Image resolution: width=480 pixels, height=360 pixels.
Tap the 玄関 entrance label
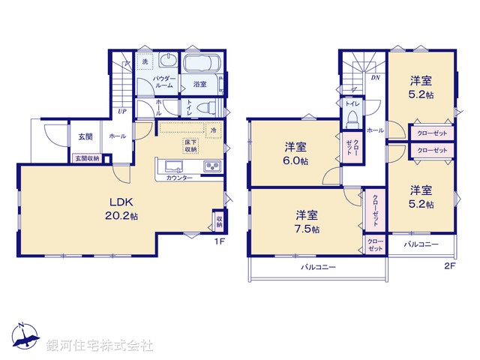pyautogui.click(x=85, y=136)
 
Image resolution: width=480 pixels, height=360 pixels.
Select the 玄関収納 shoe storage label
pyautogui.click(x=85, y=157)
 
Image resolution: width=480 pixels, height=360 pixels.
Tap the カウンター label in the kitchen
pyautogui.click(x=178, y=178)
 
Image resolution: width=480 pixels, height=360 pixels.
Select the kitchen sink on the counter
pyautogui.click(x=173, y=166)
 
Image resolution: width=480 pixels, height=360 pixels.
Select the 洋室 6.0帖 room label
pyautogui.click(x=294, y=154)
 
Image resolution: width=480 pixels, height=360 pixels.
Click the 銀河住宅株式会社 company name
pyautogui.click(x=99, y=346)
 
